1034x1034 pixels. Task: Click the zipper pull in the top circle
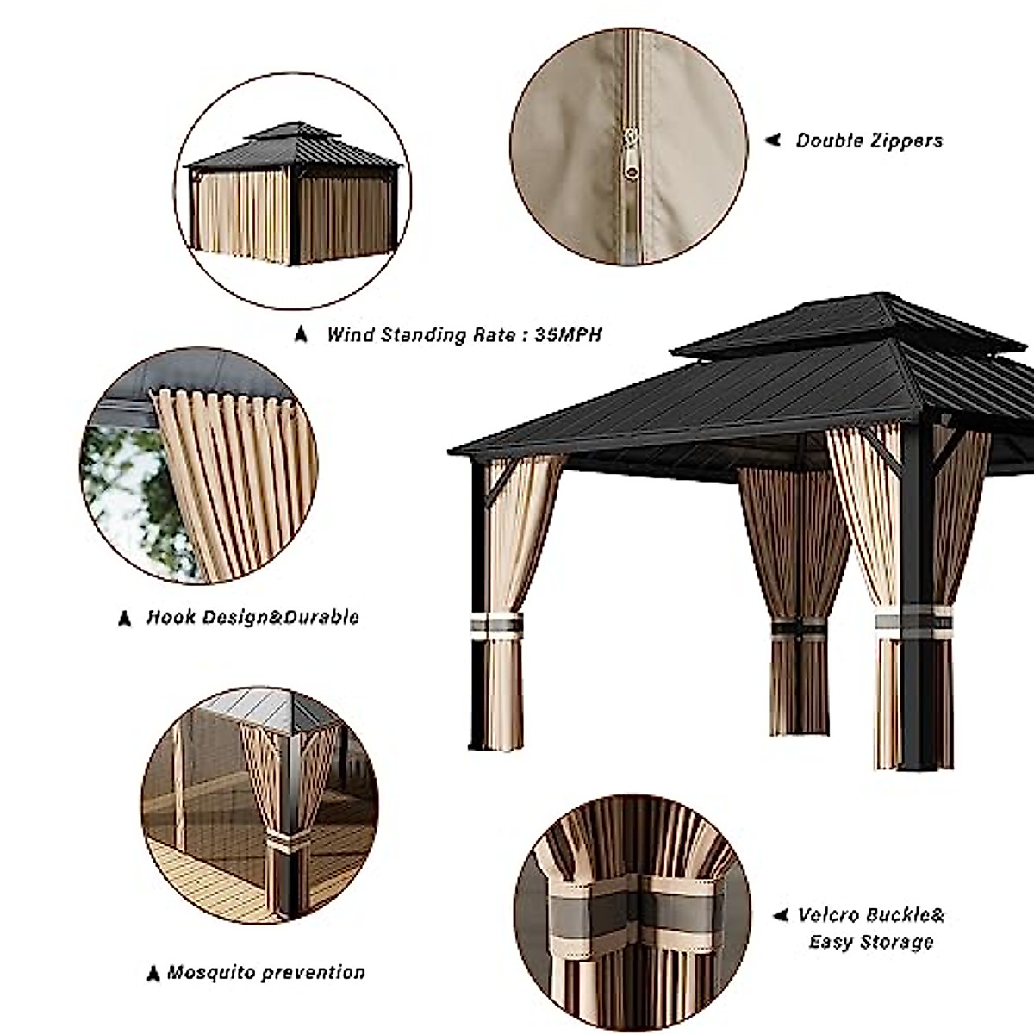632,155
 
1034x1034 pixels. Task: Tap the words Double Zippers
869,140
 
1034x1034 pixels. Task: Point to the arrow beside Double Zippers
773,140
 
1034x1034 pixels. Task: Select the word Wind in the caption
350,335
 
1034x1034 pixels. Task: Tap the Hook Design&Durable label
252,617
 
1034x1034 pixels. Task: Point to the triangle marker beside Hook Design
125,618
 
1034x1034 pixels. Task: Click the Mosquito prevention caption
265,973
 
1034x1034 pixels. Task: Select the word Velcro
832,915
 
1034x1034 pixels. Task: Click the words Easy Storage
870,942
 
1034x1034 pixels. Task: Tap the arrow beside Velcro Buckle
781,915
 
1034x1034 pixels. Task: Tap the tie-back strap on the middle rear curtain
798,628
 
